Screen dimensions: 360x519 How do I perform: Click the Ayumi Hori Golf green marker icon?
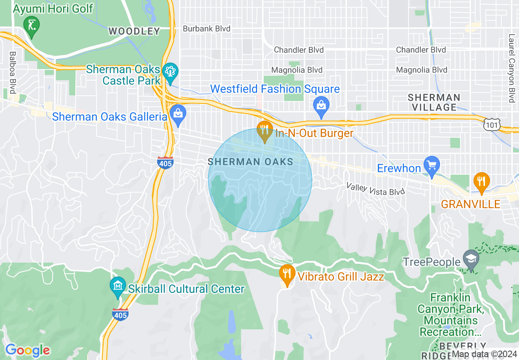coord(31,25)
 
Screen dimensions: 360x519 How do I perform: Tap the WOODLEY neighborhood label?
coord(134,31)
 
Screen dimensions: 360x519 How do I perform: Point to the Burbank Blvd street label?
coord(206,29)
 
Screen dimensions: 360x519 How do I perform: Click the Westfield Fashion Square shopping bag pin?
coord(321,105)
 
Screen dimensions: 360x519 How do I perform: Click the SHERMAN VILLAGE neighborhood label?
coord(434,102)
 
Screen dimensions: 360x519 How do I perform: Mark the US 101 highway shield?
coord(491,125)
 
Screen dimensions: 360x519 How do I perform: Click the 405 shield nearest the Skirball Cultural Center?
coord(120,314)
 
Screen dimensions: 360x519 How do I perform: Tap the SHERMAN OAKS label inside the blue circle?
coord(250,162)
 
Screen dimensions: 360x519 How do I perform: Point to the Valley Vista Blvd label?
coord(376,189)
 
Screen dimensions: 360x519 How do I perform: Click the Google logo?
coord(27,350)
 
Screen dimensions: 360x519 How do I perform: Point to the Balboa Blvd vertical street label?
coord(13,72)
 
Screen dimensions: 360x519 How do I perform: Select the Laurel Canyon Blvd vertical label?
coord(511,68)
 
